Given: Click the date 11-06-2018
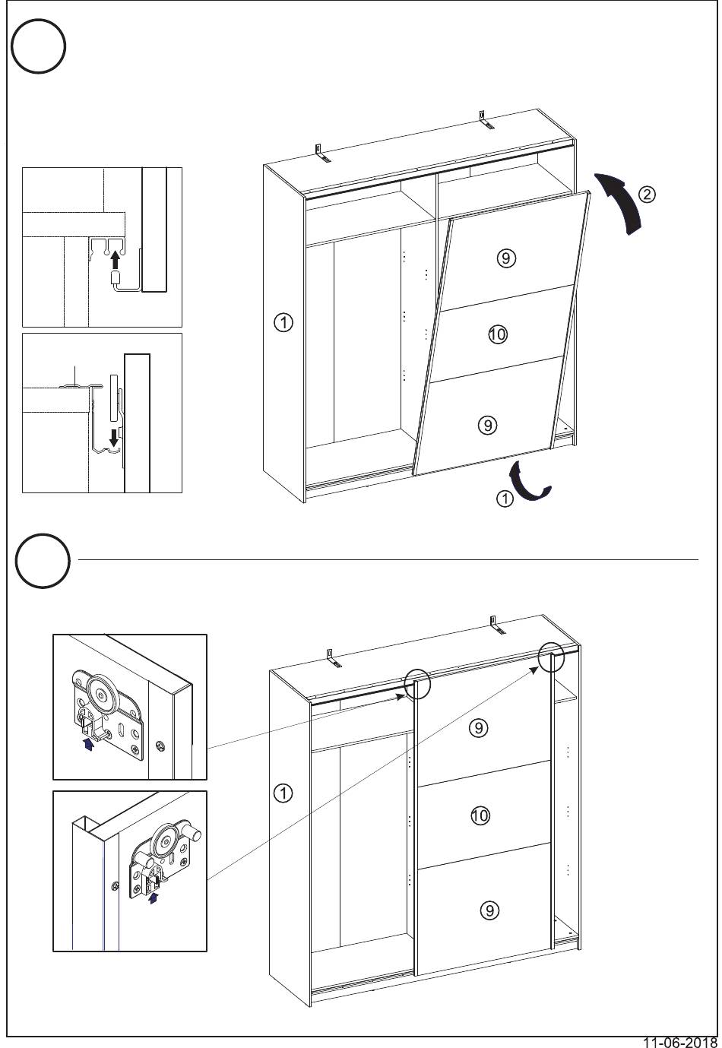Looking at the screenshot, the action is (680, 1042).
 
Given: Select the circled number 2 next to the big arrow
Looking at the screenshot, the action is (647, 194).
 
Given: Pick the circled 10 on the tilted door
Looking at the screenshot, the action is (498, 334).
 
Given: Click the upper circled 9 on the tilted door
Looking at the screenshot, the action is (506, 258).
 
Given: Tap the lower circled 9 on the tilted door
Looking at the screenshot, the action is (488, 425).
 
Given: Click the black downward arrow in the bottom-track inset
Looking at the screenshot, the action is (113, 438).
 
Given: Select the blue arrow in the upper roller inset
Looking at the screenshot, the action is (87, 744).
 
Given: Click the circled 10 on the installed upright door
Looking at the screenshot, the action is (480, 815).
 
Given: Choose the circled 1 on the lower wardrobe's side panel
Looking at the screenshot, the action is (283, 793).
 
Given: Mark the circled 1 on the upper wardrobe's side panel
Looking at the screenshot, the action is (283, 323).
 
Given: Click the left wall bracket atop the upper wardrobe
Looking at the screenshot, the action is (322, 153).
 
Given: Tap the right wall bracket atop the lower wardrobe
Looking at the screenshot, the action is (497, 625).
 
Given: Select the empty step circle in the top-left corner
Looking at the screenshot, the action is (38, 46).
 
